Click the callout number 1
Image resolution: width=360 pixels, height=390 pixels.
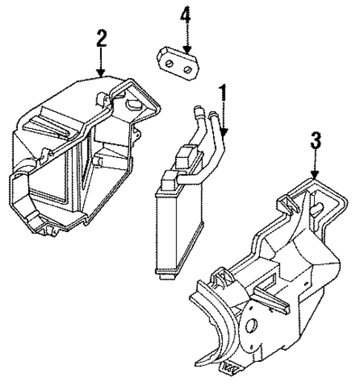click(220, 93)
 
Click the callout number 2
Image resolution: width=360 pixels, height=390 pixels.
click(100, 39)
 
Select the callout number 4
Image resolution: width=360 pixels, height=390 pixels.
click(186, 15)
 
